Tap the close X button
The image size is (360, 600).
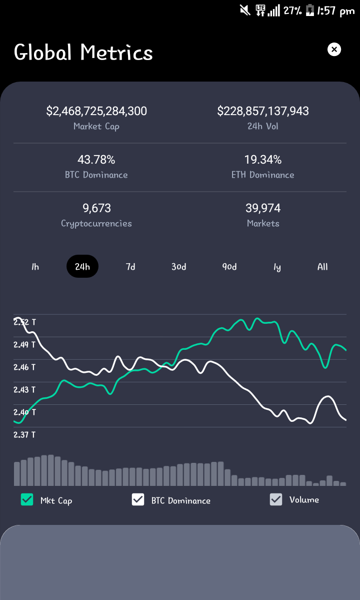[334, 50]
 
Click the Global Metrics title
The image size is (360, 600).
[83, 52]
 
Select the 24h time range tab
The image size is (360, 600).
[82, 266]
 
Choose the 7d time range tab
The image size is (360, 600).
[130, 266]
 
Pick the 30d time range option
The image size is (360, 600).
[179, 266]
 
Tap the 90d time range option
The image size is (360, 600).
[229, 266]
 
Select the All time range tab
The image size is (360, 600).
[322, 266]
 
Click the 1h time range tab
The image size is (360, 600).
[35, 266]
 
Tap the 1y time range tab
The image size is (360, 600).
[277, 267]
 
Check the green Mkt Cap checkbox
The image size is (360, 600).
[27, 499]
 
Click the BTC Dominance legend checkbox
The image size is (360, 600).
[138, 499]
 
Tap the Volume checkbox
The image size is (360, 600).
[276, 499]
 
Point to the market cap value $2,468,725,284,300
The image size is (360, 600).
[96, 111]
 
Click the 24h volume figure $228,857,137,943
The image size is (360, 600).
[263, 111]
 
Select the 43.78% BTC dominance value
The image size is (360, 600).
[96, 159]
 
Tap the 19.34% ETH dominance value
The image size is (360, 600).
[263, 159]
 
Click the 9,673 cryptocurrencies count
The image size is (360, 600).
[96, 208]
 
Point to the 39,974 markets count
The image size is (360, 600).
[263, 208]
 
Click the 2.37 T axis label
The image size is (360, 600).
[24, 435]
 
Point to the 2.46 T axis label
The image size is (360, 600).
[24, 367]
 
